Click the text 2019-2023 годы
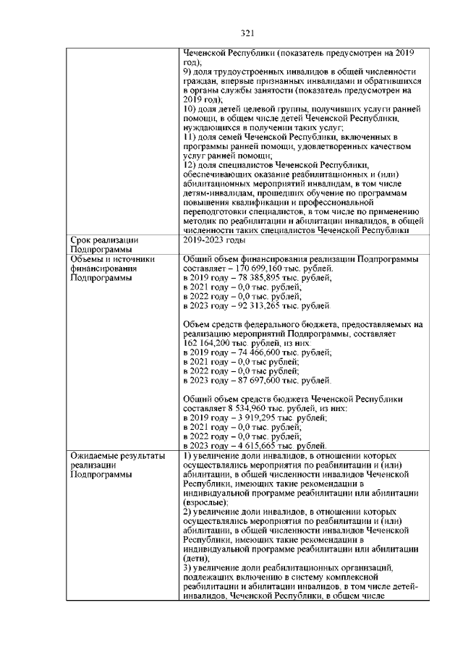[214, 240]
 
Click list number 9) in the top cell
[187, 72]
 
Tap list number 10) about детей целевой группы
[189, 109]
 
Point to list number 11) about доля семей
[189, 137]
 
